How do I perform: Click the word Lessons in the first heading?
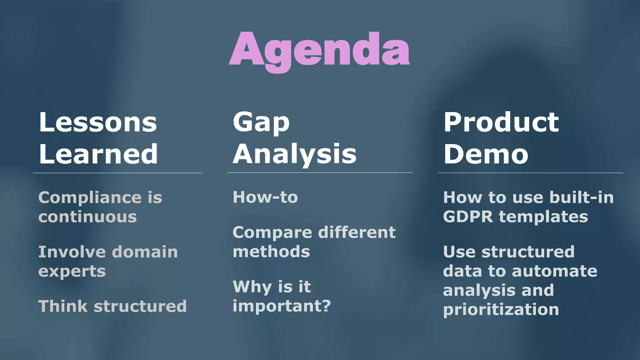tap(98, 122)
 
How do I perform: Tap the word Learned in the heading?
tap(98, 154)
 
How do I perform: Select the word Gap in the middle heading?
tap(261, 122)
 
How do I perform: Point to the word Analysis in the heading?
tap(294, 154)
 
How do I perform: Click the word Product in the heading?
tap(501, 122)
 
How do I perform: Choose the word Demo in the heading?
tap(486, 154)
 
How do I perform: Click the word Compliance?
tap(90, 198)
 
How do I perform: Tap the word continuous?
tap(87, 217)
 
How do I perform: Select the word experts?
tap(72, 271)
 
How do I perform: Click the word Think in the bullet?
tap(63, 306)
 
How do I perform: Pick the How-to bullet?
tap(265, 197)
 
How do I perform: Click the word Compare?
tap(272, 233)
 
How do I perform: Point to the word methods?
tap(271, 252)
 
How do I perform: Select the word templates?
tap(543, 217)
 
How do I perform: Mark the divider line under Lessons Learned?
tap(117, 173)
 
